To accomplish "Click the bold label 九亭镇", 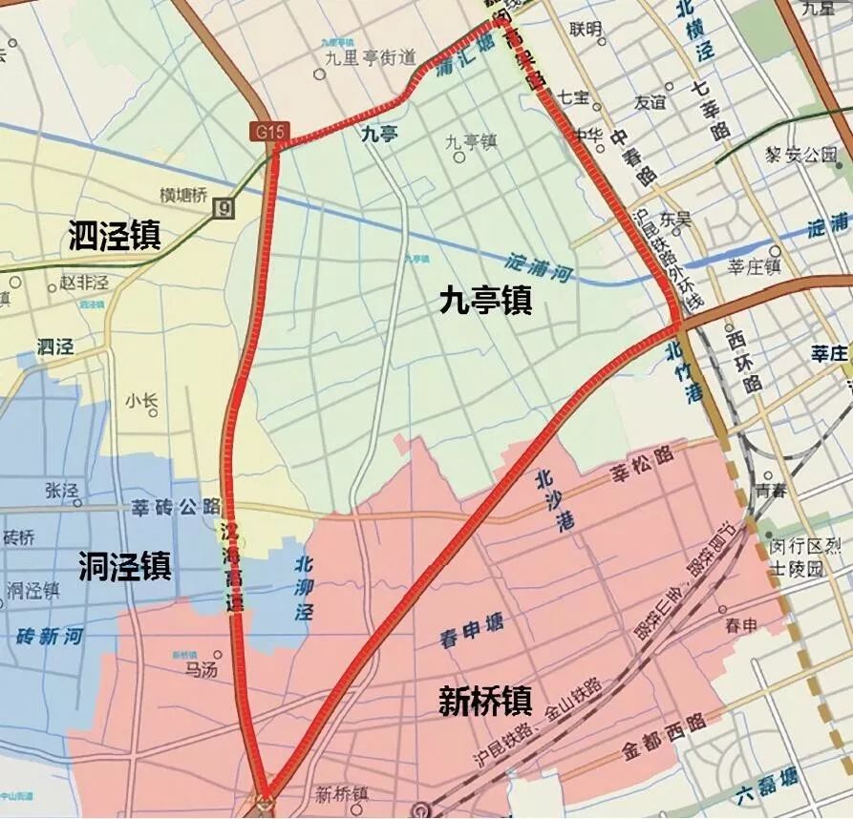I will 485,303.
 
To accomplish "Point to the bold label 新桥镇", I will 484,702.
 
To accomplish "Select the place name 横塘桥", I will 183,195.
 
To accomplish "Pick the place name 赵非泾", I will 84,283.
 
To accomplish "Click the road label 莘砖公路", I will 176,506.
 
